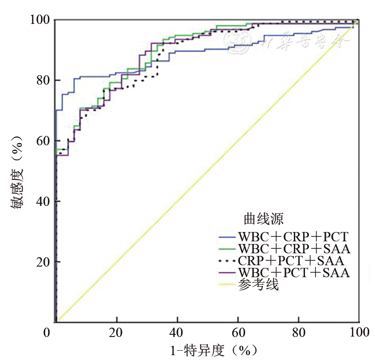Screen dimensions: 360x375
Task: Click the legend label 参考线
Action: coord(258,285)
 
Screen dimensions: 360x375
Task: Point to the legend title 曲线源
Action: coord(264,218)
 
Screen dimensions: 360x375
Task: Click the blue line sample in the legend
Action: coord(228,236)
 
